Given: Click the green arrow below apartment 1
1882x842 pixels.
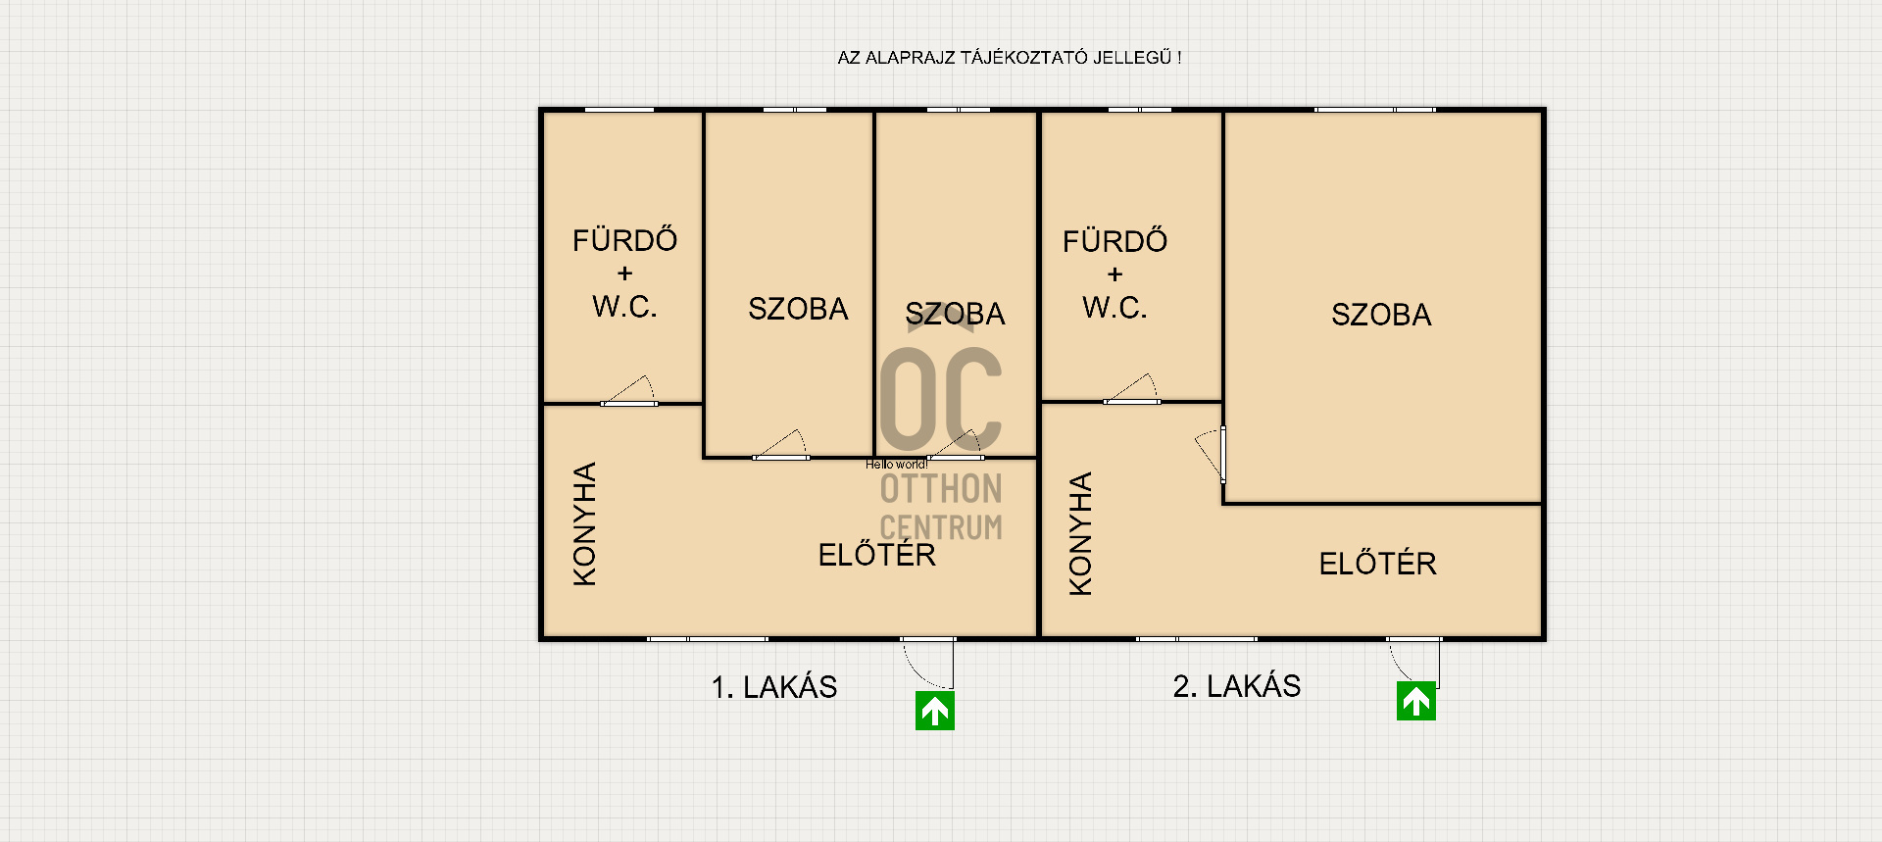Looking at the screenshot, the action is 935,711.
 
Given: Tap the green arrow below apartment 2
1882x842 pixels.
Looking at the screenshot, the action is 1416,701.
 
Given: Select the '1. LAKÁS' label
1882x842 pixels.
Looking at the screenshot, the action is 774,687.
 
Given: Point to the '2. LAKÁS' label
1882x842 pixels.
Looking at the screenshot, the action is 1237,686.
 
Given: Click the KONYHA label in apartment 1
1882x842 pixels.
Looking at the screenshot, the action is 584,524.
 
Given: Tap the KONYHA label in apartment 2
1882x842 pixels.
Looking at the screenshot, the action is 1080,534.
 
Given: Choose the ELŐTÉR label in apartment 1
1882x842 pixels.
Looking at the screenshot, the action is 877,555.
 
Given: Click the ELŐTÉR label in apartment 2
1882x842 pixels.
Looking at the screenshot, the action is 1378,564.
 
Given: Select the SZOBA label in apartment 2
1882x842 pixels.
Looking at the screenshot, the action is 1381,315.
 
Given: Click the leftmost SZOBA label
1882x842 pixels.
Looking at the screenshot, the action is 798,309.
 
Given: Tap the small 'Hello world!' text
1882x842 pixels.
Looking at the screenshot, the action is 896,465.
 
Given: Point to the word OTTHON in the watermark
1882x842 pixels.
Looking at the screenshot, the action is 941,489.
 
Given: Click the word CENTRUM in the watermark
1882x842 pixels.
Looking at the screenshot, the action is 941,527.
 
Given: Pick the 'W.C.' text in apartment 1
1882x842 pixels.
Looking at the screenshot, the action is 624,307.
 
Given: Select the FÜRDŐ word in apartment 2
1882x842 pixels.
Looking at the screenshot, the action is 1114,241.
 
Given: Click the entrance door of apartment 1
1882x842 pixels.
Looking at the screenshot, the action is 927,663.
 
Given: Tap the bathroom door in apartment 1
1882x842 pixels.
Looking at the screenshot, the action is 628,391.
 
